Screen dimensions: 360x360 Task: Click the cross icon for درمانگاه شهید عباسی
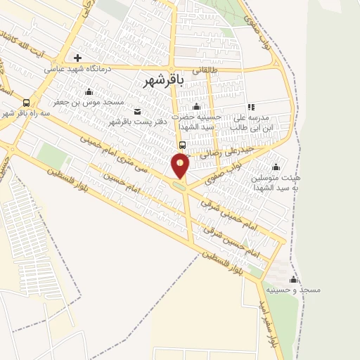[78, 58]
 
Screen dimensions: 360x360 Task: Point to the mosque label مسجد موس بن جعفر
[94, 102]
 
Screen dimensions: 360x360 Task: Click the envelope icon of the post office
[137, 111]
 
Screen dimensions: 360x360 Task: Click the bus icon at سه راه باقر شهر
[27, 101]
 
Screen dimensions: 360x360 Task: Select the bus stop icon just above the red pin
[182, 146]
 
